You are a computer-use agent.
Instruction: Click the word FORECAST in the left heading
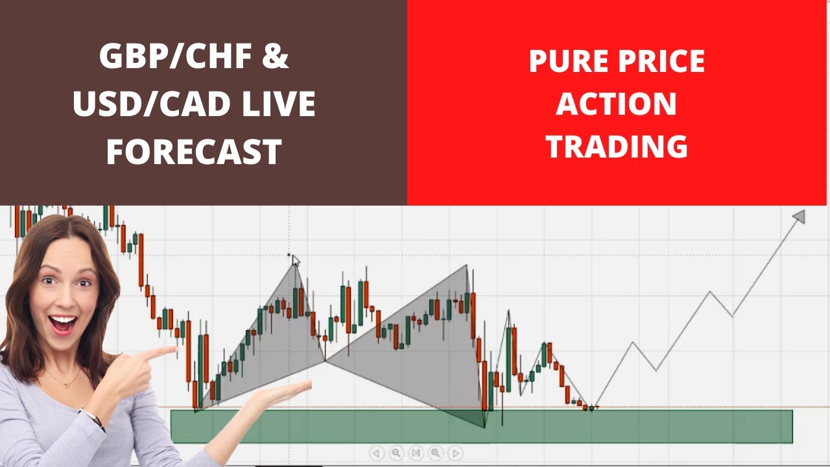194,152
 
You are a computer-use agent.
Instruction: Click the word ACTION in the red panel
617,103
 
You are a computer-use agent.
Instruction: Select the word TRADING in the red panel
617,146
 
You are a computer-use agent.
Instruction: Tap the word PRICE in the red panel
662,61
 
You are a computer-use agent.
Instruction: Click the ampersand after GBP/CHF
276,56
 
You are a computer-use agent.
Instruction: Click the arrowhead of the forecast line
800,216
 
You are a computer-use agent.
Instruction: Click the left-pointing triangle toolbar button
376,453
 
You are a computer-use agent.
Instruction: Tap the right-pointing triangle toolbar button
455,453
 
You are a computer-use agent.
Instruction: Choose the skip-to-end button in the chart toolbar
416,453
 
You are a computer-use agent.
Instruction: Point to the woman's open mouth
64,324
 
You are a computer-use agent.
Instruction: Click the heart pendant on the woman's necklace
65,386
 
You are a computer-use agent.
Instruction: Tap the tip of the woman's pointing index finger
177,348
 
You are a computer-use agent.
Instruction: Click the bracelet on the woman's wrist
93,419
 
